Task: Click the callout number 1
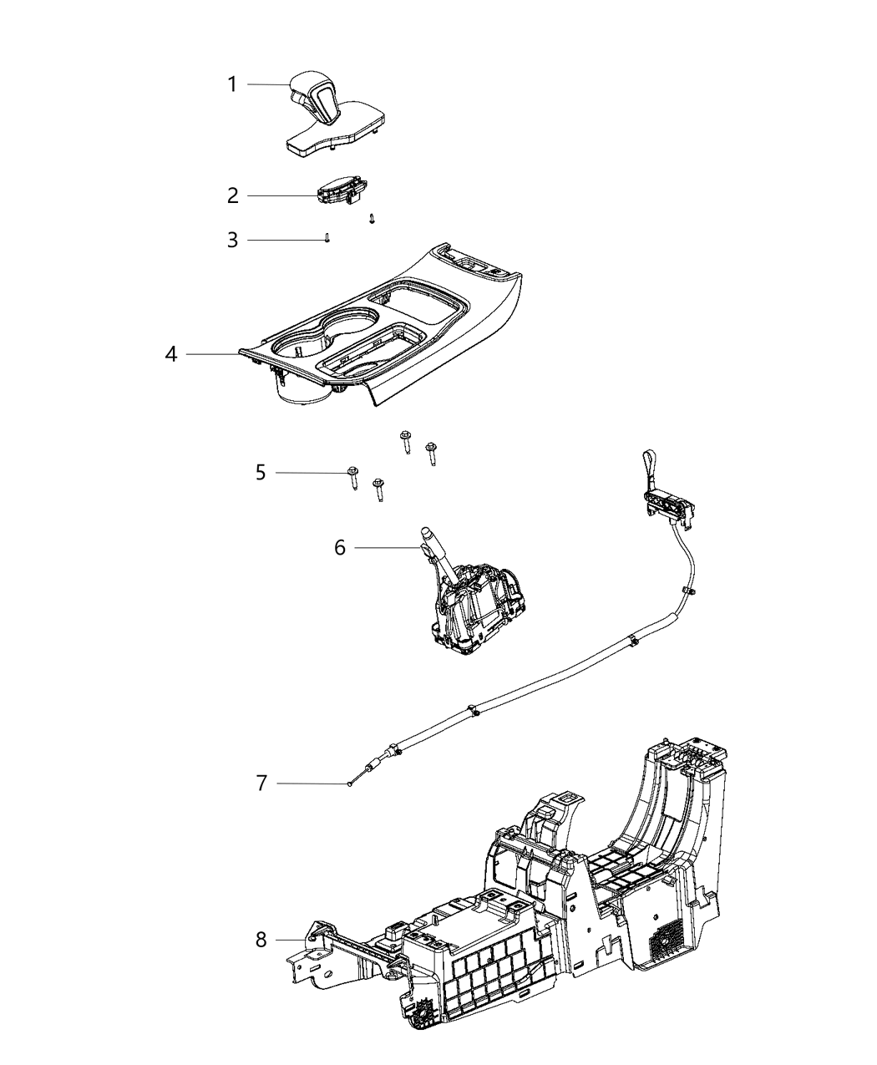pos(233,84)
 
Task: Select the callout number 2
pos(233,195)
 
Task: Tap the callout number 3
pos(233,241)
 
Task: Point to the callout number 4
pos(171,354)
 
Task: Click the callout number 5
pos(261,473)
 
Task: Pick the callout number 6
pos(340,548)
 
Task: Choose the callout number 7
pos(261,784)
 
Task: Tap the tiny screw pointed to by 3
pos(328,238)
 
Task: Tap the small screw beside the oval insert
pos(372,219)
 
